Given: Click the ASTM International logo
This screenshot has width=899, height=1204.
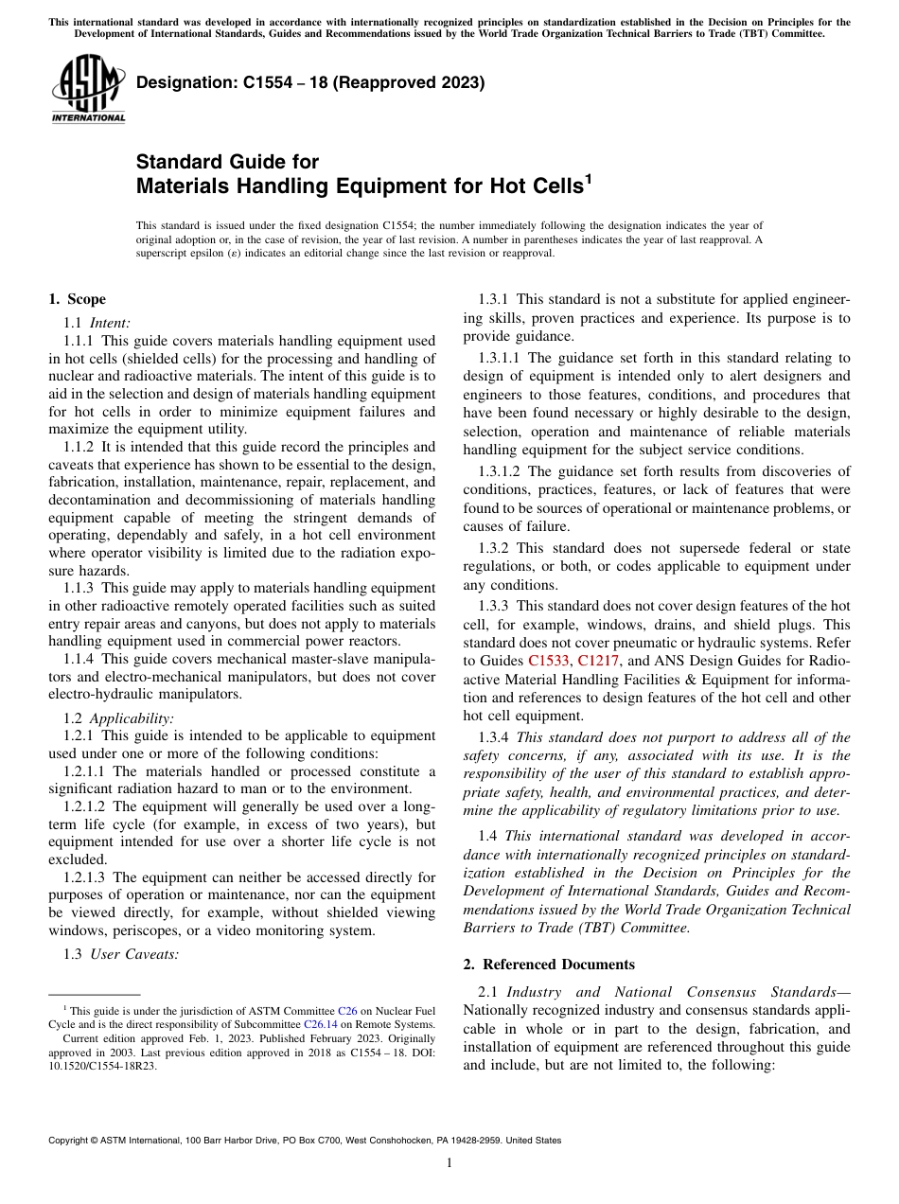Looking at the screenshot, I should point(88,89).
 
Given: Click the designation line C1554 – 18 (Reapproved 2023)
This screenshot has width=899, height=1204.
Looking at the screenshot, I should point(310,82).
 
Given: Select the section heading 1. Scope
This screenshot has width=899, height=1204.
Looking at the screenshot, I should point(77,300).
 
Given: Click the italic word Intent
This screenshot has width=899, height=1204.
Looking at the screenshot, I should point(110,322).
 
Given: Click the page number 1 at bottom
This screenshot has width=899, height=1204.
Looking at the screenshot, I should point(449,1163).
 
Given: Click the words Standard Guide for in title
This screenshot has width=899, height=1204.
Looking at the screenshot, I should point(227,162).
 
